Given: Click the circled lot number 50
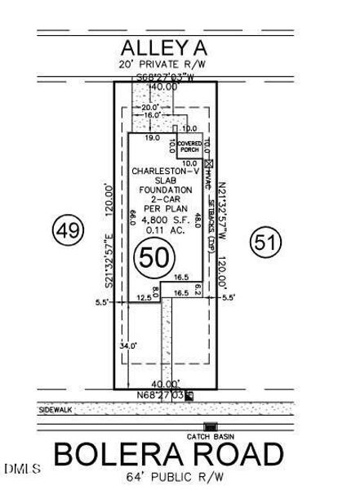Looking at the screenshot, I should coord(155,259).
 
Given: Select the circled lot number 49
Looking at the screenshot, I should coord(68,230).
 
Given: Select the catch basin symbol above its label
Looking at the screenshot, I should coord(210,426).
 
